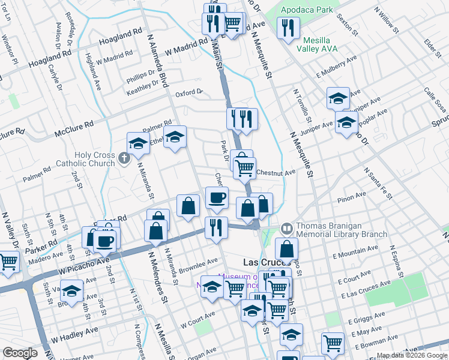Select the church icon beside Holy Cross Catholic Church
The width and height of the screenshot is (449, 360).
(124, 158)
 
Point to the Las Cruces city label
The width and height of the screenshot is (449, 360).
(266, 263)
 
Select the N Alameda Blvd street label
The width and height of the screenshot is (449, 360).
(157, 58)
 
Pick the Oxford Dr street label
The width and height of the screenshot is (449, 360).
(188, 94)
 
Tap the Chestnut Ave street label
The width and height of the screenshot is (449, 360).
(276, 173)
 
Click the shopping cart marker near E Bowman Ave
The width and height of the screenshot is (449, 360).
(333, 343)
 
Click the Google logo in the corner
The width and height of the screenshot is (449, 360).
(19, 353)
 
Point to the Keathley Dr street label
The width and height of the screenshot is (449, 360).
(143, 91)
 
